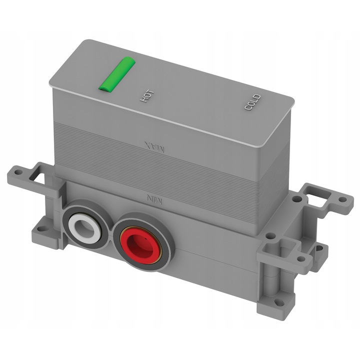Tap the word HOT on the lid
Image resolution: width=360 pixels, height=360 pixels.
point(147,96)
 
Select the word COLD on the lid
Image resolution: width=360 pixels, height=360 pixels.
point(252,102)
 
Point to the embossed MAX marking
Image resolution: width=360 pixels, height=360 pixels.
point(154,147)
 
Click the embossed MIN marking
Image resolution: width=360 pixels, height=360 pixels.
point(154,199)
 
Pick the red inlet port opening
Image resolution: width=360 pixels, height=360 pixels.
point(140,245)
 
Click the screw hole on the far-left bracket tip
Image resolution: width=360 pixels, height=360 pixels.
point(17,172)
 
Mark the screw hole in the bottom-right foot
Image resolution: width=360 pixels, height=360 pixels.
point(279,302)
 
